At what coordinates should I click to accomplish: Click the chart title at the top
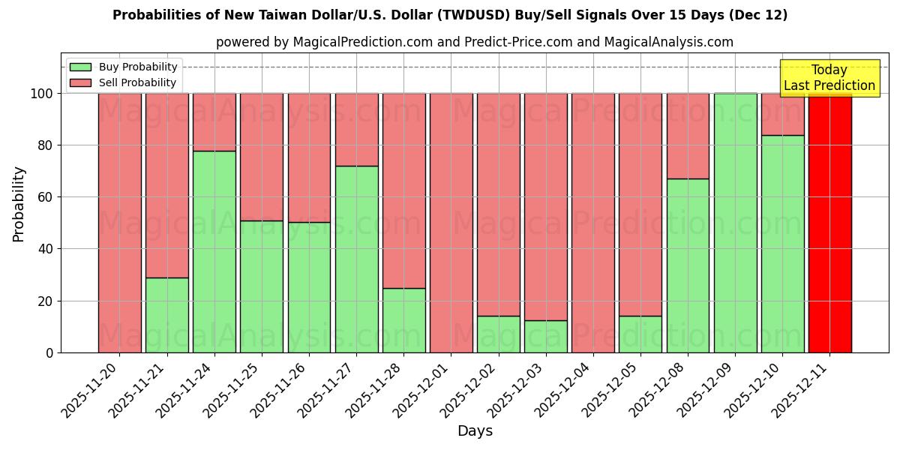click(450, 15)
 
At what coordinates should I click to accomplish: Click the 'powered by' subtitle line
click(474, 42)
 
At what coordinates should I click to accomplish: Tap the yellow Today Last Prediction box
click(829, 78)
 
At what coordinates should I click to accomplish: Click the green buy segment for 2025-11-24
click(214, 251)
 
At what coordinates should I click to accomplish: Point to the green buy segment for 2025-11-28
click(404, 320)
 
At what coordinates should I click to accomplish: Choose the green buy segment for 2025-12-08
click(688, 265)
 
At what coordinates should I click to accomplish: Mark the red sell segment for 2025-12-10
click(782, 114)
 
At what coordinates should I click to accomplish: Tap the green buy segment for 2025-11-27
click(357, 259)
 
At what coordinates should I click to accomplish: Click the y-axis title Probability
click(19, 203)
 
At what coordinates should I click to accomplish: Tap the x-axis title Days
click(475, 431)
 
